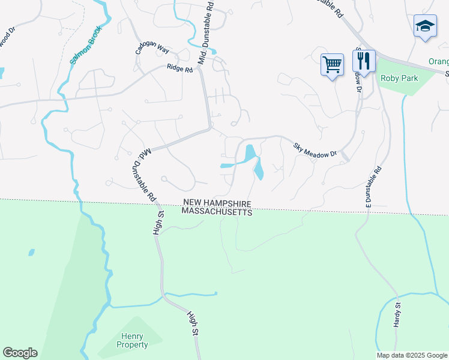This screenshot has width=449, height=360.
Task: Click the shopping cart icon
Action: (x=332, y=63)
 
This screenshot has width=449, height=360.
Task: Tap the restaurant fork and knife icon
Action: (x=364, y=60)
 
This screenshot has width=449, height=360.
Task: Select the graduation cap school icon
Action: (x=425, y=26)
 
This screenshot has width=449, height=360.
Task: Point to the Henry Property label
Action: (x=134, y=341)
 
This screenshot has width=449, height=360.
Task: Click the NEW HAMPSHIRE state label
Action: (x=217, y=203)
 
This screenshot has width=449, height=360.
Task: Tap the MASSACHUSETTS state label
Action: (x=217, y=212)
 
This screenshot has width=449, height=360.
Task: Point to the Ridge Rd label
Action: (x=179, y=69)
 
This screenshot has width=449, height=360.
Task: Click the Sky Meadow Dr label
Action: (x=316, y=150)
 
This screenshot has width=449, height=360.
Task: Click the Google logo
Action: (x=20, y=353)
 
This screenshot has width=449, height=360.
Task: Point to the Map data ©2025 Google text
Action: (x=412, y=355)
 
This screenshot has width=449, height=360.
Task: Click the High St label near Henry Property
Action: (x=193, y=323)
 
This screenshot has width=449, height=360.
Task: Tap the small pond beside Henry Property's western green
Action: (x=31, y=253)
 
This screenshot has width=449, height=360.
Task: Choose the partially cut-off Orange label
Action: (x=438, y=62)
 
